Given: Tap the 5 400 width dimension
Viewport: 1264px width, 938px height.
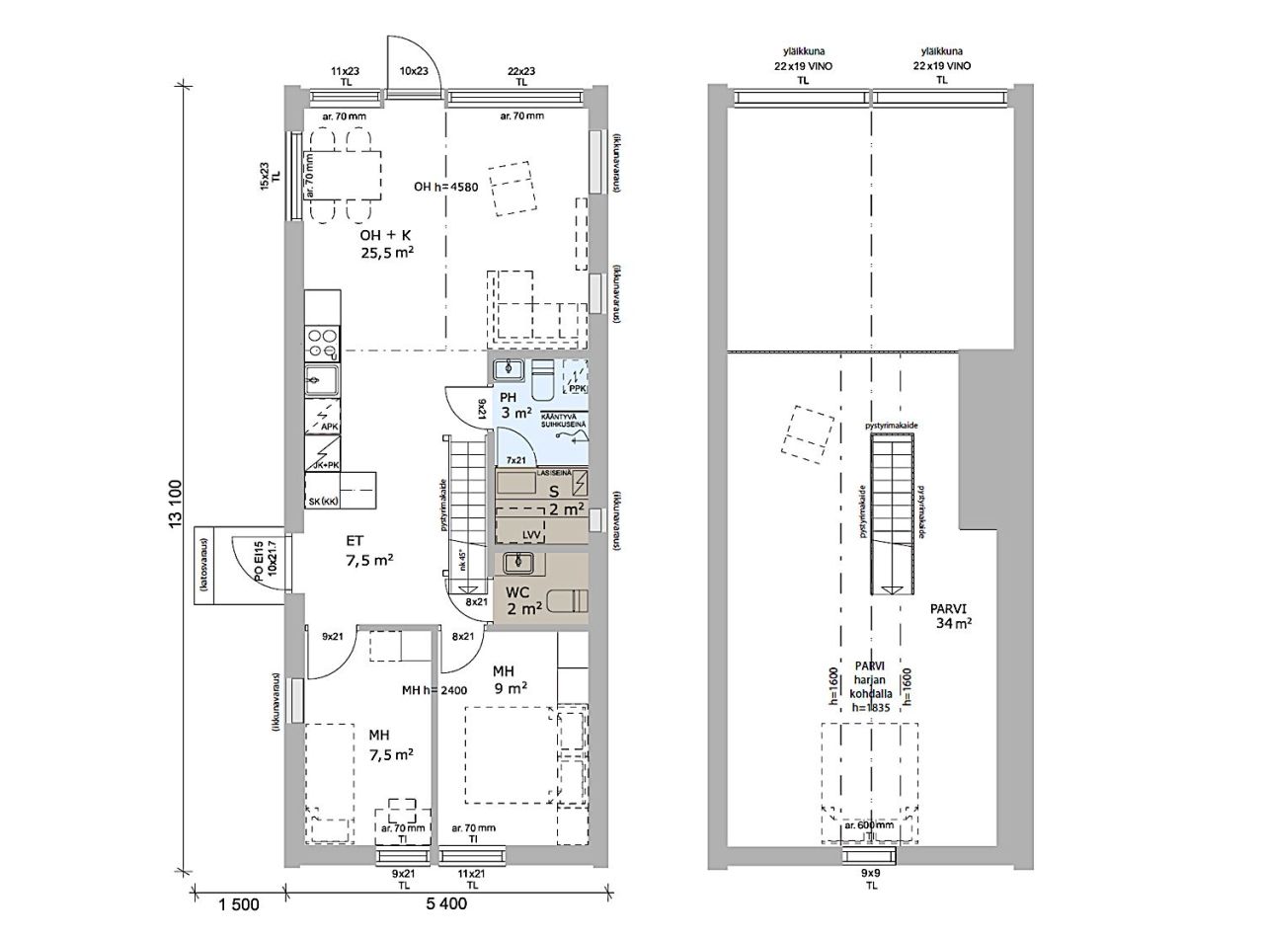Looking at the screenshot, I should pos(446,904).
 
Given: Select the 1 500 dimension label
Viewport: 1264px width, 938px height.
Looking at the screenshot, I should pos(238,904).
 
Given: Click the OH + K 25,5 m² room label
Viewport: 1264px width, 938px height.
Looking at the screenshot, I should pos(386,243).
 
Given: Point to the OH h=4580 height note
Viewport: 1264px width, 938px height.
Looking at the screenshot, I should pos(445,187).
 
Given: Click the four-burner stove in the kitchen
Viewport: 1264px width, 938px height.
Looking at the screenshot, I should pos(322,342).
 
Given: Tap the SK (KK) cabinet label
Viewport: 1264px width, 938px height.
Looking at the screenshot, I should pos(323,502).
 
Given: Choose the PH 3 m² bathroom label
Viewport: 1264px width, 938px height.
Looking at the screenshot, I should pos(515,405).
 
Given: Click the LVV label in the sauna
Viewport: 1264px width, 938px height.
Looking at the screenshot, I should pos(532,534).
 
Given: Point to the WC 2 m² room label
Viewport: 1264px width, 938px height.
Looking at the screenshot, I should pos(523,600).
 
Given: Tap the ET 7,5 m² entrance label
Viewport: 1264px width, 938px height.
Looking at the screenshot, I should pos(369,550).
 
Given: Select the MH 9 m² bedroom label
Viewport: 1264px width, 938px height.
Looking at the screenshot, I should pos(510,679).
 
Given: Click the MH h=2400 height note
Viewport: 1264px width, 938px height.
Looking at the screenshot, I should pos(434,690).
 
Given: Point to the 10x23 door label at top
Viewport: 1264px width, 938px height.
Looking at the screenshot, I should pos(413,71).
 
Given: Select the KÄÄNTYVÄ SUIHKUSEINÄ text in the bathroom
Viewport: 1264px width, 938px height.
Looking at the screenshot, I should pos(565,422).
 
